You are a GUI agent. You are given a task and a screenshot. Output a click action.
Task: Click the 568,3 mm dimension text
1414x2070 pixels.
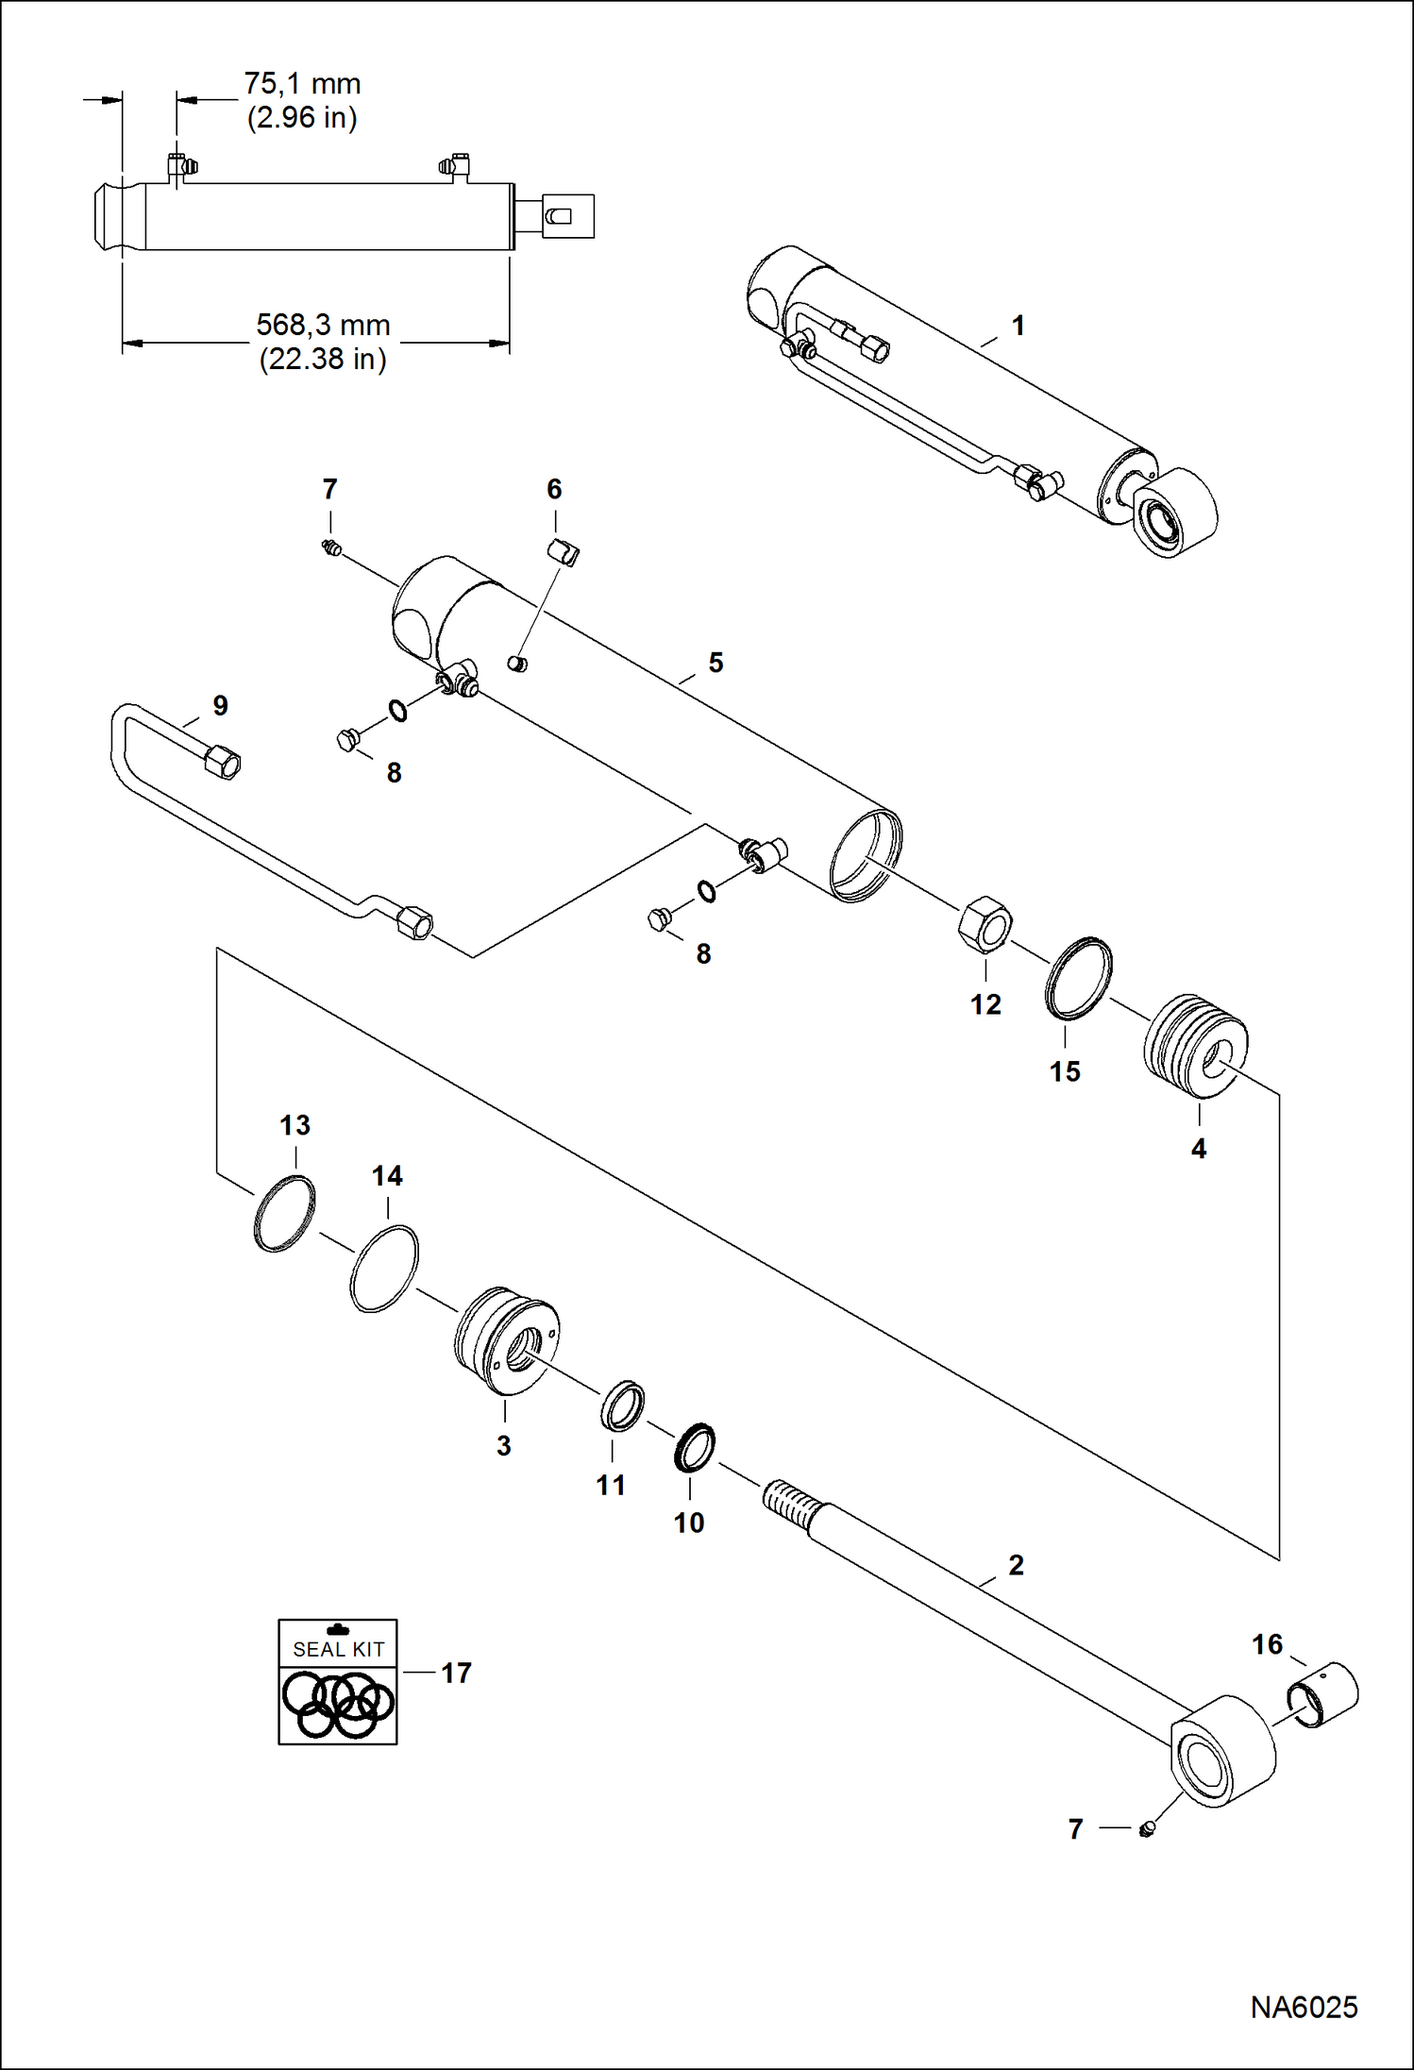323,326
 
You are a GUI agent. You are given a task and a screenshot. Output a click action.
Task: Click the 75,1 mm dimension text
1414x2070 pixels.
302,84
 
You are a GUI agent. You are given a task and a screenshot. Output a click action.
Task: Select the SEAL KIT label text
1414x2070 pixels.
338,1649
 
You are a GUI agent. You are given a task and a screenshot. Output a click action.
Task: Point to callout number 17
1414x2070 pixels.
456,1674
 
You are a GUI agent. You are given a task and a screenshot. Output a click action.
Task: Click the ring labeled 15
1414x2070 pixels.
1078,978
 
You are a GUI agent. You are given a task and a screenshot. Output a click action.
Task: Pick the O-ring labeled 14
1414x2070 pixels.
383,1269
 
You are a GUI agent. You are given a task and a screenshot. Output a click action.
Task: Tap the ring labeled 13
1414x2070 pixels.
284,1213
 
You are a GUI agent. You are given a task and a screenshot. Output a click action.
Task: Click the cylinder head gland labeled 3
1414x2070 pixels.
506,1341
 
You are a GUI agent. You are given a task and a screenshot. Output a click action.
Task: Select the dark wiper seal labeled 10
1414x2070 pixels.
695,1447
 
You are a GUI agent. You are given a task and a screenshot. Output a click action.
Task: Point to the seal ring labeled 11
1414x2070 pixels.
623,1405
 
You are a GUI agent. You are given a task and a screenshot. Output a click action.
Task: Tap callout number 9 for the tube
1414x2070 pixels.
220,706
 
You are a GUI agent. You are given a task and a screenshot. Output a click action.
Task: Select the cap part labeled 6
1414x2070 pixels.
564,552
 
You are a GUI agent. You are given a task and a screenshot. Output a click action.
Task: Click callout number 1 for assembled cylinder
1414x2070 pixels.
1018,326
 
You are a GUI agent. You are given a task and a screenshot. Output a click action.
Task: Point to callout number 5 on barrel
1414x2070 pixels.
715,663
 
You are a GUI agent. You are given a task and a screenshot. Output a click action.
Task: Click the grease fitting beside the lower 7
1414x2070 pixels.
1147,1830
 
